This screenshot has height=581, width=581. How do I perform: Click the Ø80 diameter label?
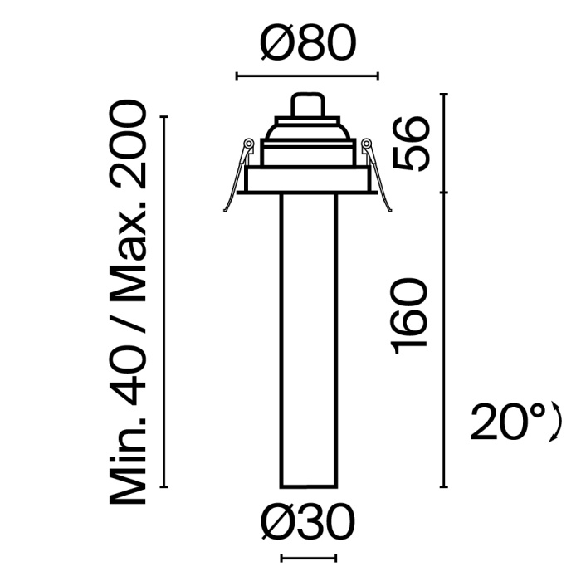(308, 43)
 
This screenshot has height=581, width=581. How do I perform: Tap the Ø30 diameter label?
(308, 524)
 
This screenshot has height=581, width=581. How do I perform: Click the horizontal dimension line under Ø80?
(308, 77)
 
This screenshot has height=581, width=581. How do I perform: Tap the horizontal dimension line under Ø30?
(308, 558)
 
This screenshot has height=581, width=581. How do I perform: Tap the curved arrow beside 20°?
(557, 423)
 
